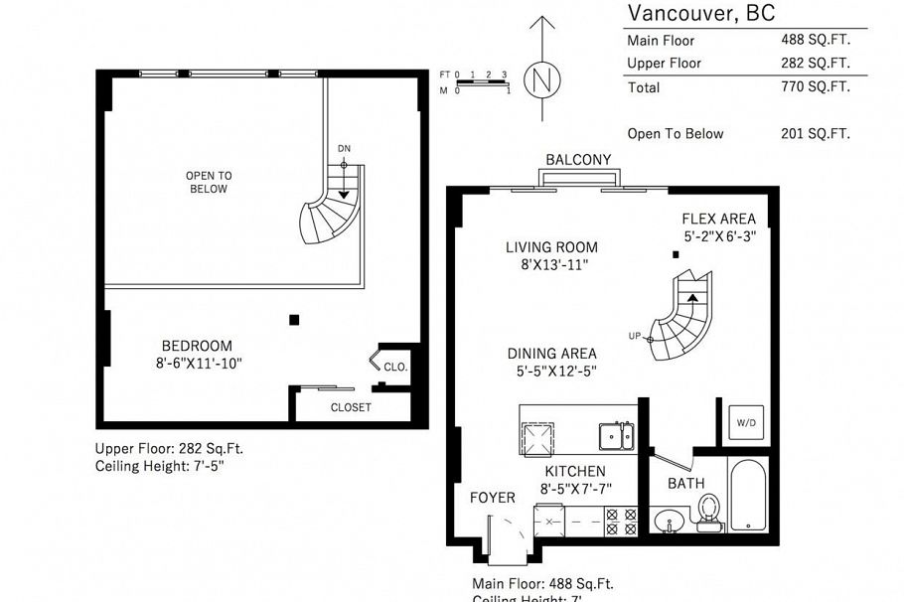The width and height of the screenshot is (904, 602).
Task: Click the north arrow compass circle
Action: point(541,79)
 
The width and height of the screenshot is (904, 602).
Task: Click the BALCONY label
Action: point(578,160)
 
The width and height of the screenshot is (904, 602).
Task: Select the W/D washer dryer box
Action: point(746,422)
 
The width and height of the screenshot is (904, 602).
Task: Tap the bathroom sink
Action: point(669,521)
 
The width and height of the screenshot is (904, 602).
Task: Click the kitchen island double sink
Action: point(616,435)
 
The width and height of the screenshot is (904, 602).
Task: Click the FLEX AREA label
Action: point(718,219)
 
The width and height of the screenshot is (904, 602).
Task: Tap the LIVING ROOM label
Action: point(551,247)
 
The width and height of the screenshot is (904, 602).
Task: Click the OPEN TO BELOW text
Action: point(208,182)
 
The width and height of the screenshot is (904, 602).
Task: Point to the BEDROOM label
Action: point(198,346)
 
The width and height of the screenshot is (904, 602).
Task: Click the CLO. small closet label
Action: point(394,367)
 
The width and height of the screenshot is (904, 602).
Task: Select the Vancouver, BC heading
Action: point(701,13)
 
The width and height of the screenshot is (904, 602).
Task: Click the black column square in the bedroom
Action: point(293,319)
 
